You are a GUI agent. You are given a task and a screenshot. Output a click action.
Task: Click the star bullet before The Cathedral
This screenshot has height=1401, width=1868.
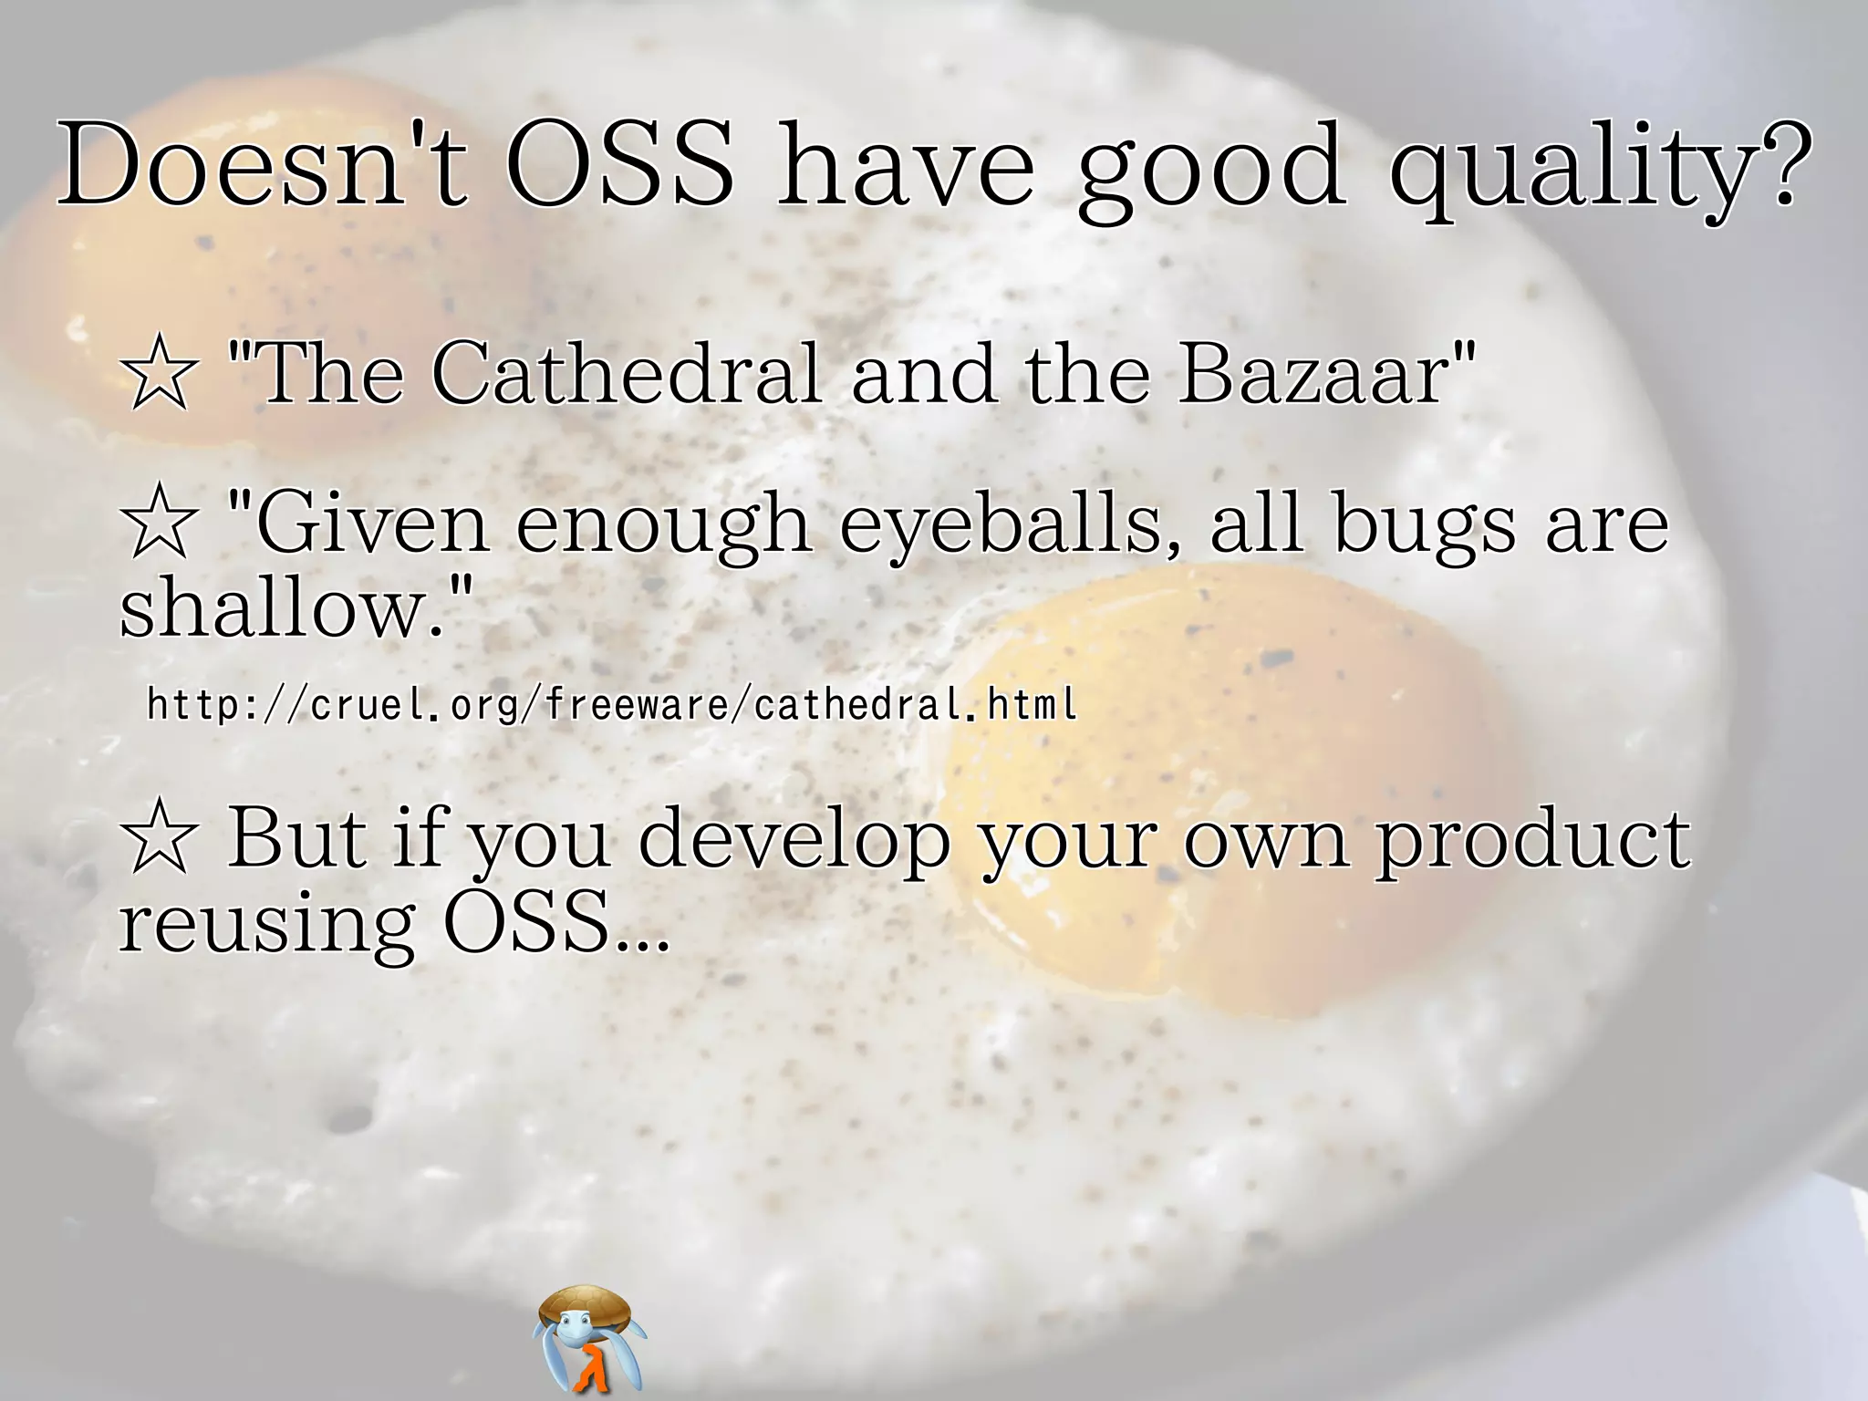tap(159, 373)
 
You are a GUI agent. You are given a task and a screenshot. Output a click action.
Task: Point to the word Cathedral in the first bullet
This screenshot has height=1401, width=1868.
tap(626, 373)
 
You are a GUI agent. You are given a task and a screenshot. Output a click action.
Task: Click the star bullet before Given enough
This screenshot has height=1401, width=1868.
tap(159, 523)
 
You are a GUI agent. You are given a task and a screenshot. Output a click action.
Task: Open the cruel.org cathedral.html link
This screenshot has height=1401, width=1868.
tap(611, 704)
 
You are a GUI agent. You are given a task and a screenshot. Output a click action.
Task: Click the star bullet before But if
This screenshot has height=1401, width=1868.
tap(159, 836)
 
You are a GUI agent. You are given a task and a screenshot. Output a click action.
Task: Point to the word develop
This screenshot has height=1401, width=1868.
tap(794, 840)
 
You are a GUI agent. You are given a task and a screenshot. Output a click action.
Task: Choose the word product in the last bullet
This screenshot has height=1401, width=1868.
tap(1532, 840)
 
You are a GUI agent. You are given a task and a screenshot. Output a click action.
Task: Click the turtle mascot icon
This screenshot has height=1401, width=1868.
tap(588, 1336)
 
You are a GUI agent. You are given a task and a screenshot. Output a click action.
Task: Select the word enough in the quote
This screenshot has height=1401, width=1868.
tap(663, 527)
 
